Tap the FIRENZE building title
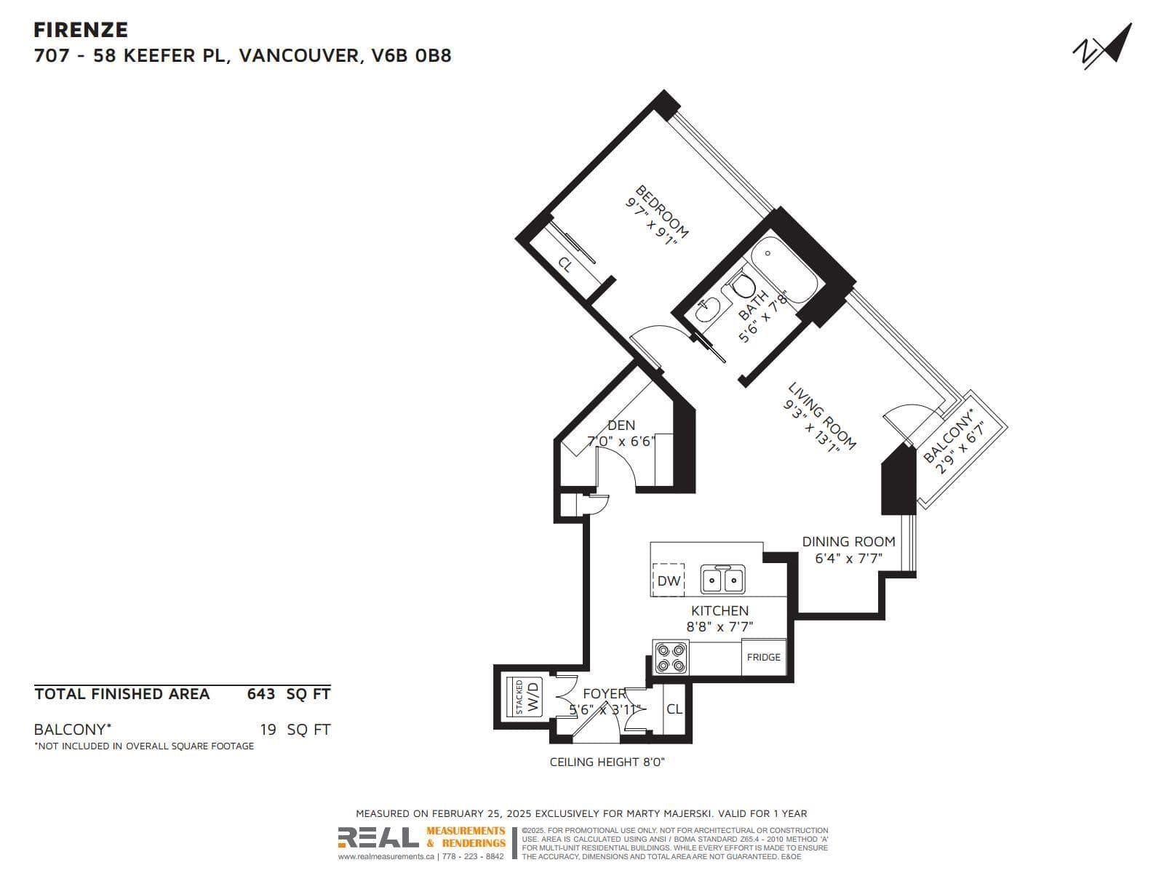tap(81, 30)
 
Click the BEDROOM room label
tap(662, 212)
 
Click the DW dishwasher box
tap(669, 580)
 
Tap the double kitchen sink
tap(722, 580)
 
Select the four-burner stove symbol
tap(670, 657)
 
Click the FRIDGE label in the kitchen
tap(763, 657)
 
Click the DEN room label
tap(621, 425)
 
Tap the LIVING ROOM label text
tap(822, 415)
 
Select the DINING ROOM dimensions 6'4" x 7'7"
tap(848, 559)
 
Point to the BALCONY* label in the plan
tap(947, 436)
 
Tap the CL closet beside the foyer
tap(674, 709)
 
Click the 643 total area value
tap(260, 694)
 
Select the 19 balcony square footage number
tap(268, 729)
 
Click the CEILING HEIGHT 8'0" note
tap(607, 762)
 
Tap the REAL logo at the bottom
tap(378, 839)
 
